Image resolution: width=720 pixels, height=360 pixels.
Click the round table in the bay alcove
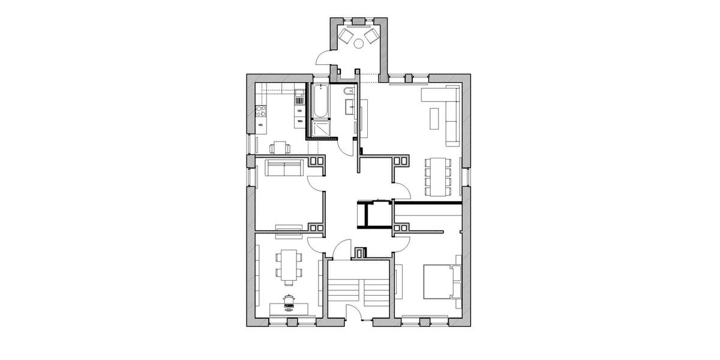point(359,43)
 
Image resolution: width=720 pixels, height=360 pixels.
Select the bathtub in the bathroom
point(320,101)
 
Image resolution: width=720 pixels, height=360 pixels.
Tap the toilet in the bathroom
point(349,92)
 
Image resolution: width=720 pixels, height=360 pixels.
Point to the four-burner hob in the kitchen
point(261,110)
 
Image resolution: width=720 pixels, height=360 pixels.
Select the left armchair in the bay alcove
point(347,35)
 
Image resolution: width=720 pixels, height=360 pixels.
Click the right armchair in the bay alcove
point(372,35)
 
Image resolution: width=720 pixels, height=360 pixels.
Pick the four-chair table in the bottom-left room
point(289,265)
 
